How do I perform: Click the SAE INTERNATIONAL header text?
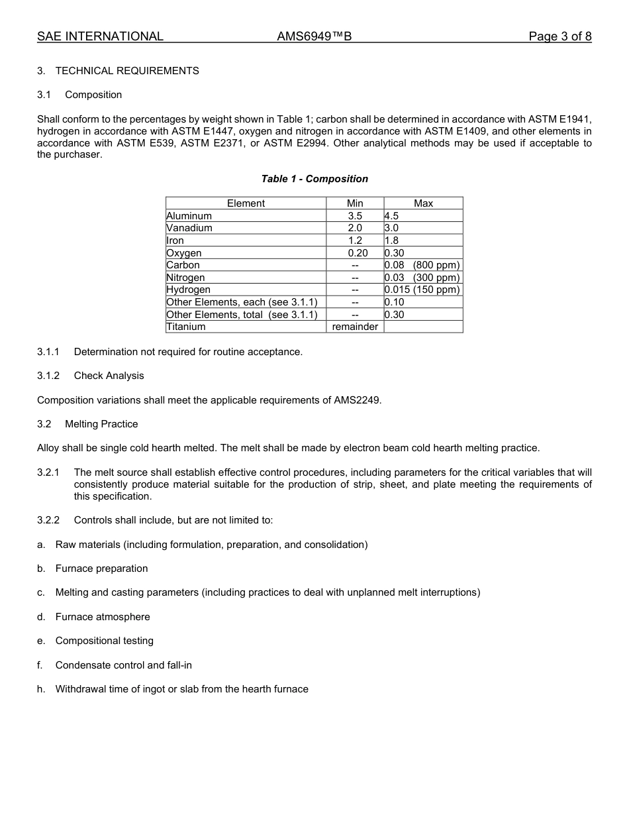pos(100,36)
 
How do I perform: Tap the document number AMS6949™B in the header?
pos(314,36)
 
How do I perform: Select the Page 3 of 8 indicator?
pos(559,36)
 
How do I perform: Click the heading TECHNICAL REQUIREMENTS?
pos(126,71)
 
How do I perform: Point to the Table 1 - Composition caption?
pos(314,179)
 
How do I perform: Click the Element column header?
pos(246,203)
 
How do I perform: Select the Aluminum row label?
pos(189,216)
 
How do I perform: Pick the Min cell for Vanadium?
pos(355,228)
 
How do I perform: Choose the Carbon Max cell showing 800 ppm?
pos(422,265)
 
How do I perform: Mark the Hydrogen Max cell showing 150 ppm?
pos(422,290)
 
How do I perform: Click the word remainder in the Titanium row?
pos(355,327)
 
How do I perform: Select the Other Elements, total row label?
pos(242,315)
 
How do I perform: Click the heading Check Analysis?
pos(109,376)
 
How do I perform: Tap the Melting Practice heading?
pos(101,424)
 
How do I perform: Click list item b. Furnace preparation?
pos(101,569)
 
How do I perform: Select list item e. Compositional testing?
pos(104,641)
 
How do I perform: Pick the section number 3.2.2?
pos(48,520)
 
